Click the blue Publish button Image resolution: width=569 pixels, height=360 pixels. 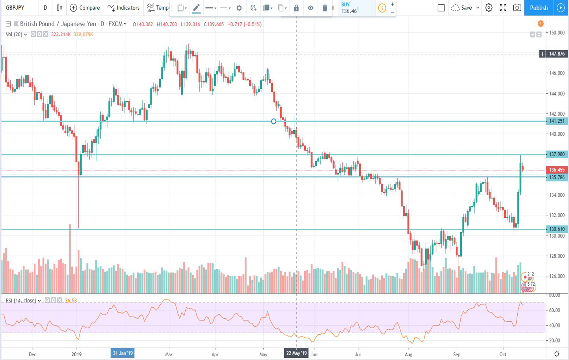coord(539,8)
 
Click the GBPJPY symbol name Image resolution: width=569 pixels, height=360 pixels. coord(15,8)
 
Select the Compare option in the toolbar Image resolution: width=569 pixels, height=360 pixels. coord(85,8)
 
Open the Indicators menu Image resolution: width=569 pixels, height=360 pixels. coord(123,8)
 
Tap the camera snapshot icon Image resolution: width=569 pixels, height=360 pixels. coord(517,8)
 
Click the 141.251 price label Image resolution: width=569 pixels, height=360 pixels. coord(557,121)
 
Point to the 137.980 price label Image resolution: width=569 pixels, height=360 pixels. coord(557,154)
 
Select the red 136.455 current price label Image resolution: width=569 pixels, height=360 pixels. coord(557,170)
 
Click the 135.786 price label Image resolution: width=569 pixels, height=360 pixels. coord(557,177)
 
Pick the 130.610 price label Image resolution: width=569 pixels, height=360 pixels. coord(557,229)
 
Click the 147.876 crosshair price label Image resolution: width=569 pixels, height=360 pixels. coord(557,54)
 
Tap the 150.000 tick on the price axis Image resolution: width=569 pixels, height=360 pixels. coord(557,33)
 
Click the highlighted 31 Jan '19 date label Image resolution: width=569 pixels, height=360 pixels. coord(123,353)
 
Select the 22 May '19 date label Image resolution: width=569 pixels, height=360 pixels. coord(297,353)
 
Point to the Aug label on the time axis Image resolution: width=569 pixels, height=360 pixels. coord(409,355)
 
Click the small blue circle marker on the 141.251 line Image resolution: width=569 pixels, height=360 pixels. coord(274,121)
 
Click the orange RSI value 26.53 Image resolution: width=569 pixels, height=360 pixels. coord(71,301)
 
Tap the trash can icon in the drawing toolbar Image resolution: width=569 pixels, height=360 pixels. coord(325,8)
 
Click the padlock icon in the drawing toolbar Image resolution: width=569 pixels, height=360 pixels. coord(296,8)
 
